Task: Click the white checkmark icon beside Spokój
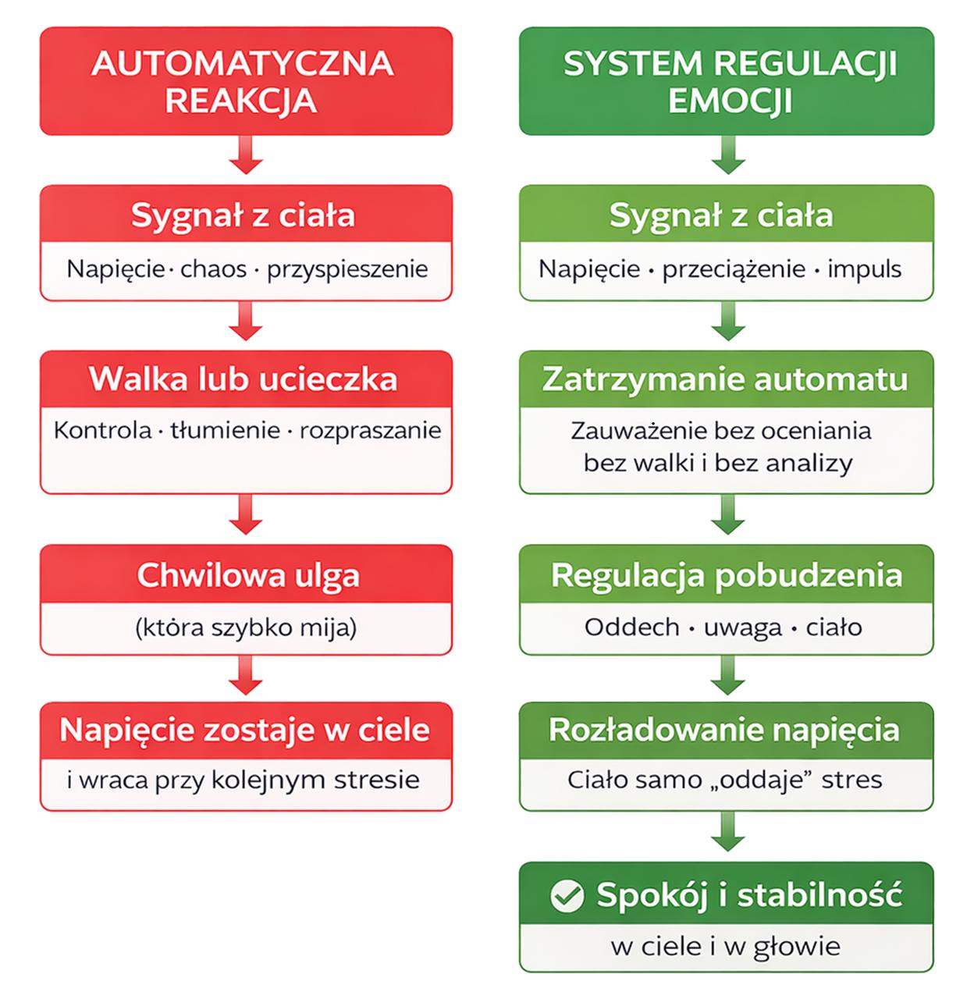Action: click(567, 896)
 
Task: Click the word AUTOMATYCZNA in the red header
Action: click(243, 64)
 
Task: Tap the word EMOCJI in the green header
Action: click(730, 101)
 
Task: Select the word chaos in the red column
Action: click(213, 269)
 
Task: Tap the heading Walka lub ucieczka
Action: click(243, 379)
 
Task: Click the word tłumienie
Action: click(226, 430)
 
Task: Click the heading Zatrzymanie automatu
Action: click(725, 379)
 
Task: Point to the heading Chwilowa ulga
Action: click(248, 575)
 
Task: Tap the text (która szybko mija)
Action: click(246, 627)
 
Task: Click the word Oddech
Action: click(631, 627)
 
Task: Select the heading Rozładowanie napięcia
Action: click(724, 730)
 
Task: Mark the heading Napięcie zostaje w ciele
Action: click(244, 730)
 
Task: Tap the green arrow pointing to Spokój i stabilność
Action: click(727, 831)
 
